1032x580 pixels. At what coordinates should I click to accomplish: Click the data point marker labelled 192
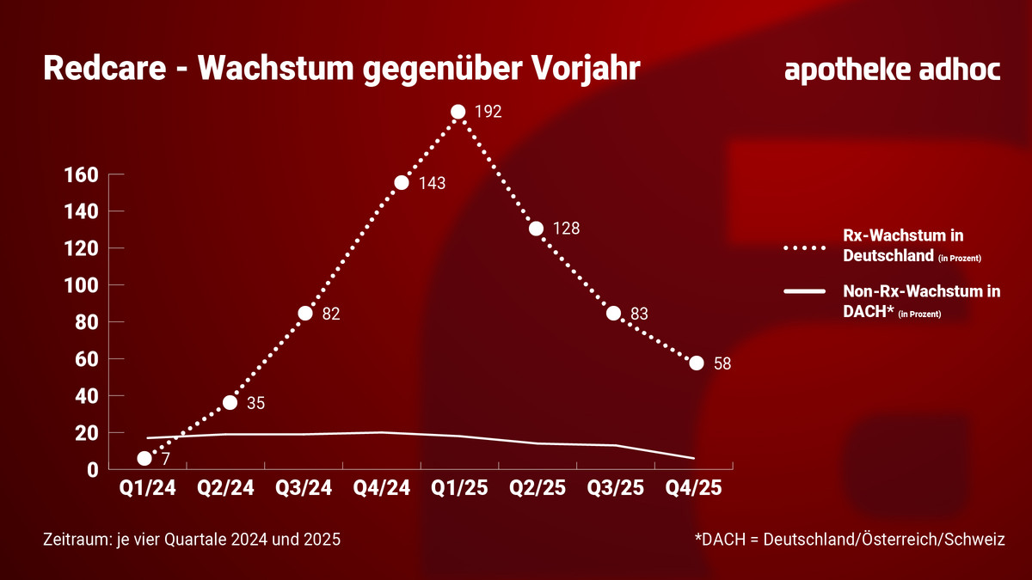pos(458,112)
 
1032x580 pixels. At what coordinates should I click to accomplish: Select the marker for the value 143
pos(402,182)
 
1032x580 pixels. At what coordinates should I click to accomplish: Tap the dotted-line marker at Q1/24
pos(144,458)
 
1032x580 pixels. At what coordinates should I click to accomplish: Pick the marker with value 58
pos(696,363)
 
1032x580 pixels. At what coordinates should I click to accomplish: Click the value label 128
pos(567,229)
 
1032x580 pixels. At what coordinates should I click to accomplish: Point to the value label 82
pos(331,314)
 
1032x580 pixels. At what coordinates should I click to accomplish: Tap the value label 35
pos(256,403)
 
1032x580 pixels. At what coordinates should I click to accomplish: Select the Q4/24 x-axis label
pos(381,488)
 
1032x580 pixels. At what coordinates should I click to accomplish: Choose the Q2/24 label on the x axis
pos(226,488)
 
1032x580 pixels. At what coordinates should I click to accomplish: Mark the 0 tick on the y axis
pos(91,470)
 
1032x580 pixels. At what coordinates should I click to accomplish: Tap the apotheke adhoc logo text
pos(893,70)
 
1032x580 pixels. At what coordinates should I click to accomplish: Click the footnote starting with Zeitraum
pos(192,540)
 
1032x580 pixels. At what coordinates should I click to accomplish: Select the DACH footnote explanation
pos(850,540)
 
